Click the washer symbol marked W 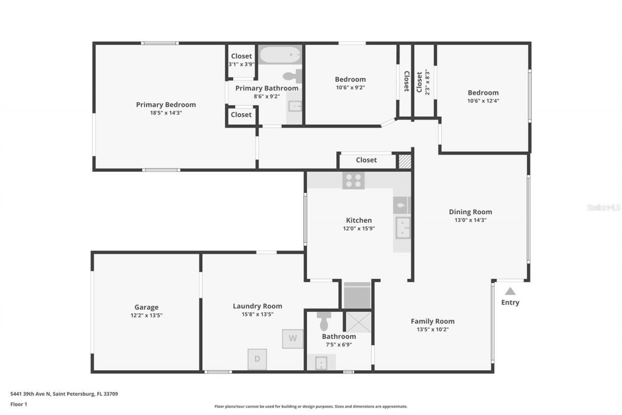[x=293, y=339]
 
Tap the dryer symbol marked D [x=257, y=359]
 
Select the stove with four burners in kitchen [x=353, y=180]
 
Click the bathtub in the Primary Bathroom [x=280, y=55]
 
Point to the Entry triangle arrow [x=510, y=291]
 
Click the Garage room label [x=146, y=307]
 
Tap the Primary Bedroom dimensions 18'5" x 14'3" [x=166, y=113]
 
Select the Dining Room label [x=470, y=212]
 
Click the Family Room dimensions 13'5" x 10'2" [x=432, y=329]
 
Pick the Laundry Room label [x=257, y=306]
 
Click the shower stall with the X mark [x=358, y=322]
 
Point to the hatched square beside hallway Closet [x=405, y=161]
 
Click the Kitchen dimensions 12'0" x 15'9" [x=359, y=228]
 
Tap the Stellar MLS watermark [x=604, y=207]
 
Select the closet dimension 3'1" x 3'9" [x=242, y=64]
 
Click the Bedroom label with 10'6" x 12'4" [x=483, y=92]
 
